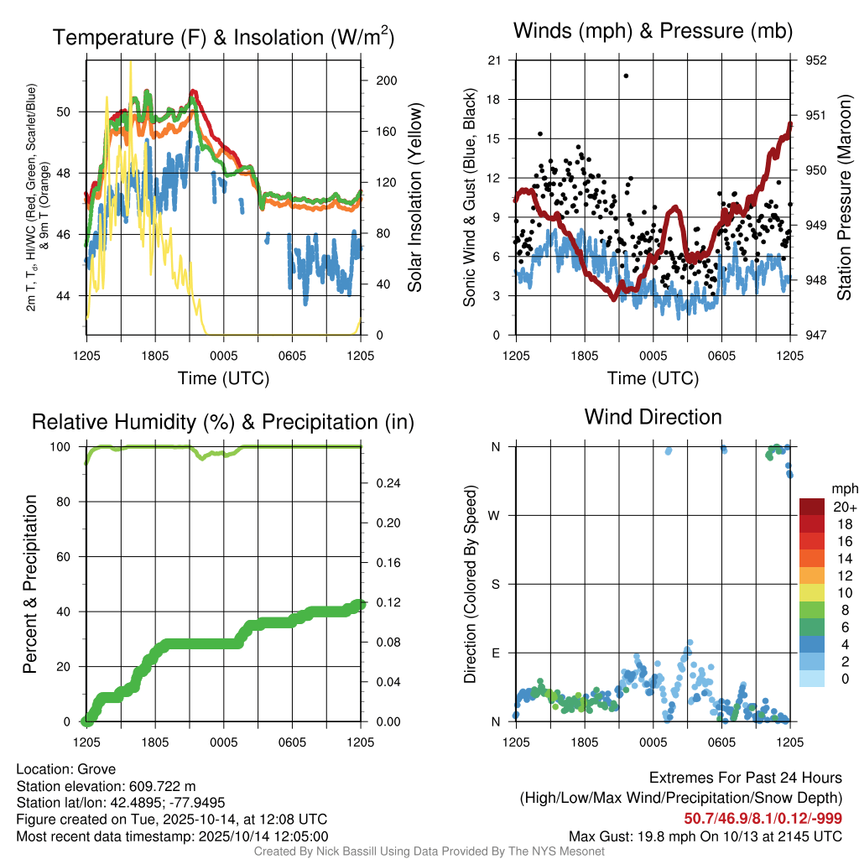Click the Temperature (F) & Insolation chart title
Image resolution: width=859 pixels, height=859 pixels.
(x=223, y=37)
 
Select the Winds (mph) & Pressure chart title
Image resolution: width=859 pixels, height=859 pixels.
(x=653, y=31)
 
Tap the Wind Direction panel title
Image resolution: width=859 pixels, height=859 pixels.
(x=653, y=417)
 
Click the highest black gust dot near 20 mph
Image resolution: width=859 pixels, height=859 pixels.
(x=626, y=75)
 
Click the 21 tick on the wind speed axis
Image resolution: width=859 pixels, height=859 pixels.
(x=494, y=60)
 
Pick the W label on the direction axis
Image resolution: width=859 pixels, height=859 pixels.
(x=495, y=515)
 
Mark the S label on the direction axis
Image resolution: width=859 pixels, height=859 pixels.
(x=495, y=584)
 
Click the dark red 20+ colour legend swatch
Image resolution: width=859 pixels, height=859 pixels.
(x=812, y=507)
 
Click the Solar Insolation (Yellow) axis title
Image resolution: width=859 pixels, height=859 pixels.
(x=414, y=198)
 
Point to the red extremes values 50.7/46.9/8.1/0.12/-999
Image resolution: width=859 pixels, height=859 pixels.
(x=763, y=819)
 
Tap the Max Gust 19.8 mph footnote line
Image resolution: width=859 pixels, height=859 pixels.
(x=705, y=836)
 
